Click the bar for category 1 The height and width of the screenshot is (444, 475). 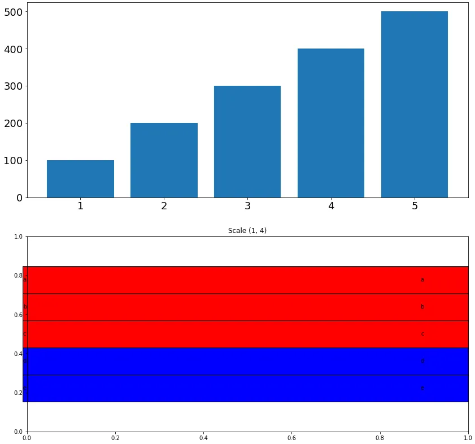point(80,179)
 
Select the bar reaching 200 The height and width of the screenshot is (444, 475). point(164,160)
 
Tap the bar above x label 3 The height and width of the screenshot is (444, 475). point(247,142)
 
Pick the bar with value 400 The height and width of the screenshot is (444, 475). point(331,123)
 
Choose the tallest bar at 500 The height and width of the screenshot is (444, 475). point(415,104)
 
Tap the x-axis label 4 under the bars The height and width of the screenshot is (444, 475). point(331,206)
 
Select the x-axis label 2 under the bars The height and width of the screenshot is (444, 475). point(164,206)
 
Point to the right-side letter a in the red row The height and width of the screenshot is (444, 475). point(422,280)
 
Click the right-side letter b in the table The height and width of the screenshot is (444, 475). point(422,307)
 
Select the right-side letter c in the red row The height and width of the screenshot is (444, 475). point(422,334)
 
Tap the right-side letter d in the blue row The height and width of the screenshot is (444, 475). point(422,361)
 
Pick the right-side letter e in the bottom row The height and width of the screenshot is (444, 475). point(422,388)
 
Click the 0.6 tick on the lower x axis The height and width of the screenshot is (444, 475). point(291,437)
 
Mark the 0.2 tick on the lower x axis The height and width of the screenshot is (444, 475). point(115,437)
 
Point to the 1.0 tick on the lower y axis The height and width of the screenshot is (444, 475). point(18,237)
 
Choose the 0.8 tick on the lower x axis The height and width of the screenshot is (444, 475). point(380,437)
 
